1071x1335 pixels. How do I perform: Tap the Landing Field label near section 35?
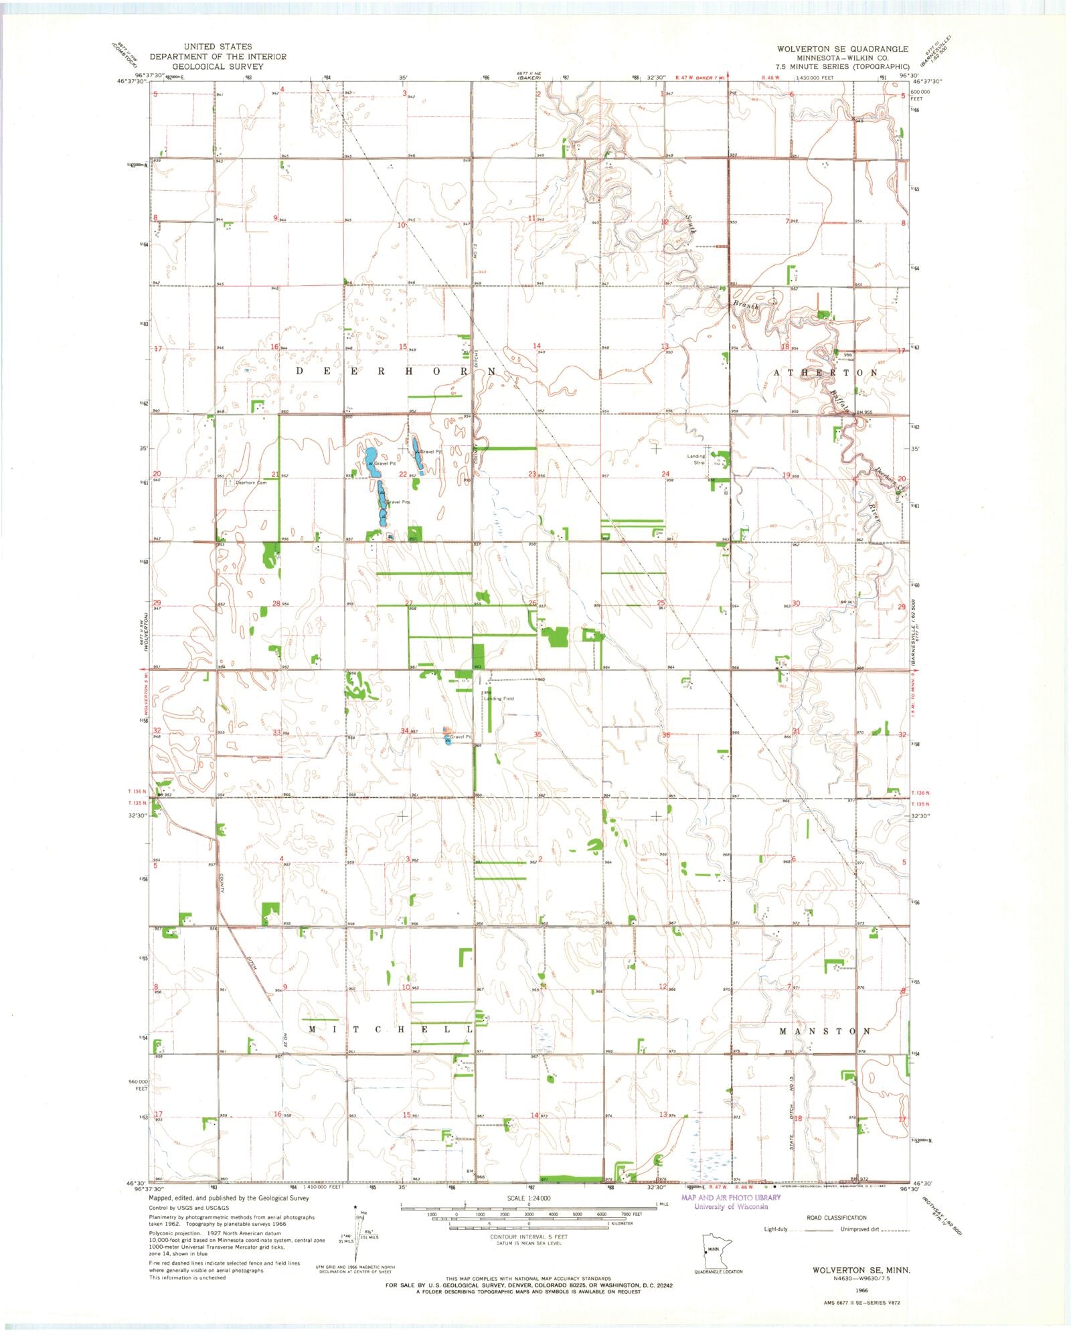(x=500, y=698)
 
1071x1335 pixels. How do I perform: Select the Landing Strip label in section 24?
(x=696, y=459)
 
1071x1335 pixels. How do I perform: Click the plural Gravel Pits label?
(x=397, y=501)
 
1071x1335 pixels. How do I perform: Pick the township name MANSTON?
(x=825, y=1031)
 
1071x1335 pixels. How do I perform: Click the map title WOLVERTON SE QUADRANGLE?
(x=842, y=49)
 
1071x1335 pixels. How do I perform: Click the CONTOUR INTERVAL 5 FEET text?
(x=529, y=1237)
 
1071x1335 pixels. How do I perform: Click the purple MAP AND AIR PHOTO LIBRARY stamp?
(x=730, y=1202)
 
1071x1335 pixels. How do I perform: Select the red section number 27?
(x=408, y=603)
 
